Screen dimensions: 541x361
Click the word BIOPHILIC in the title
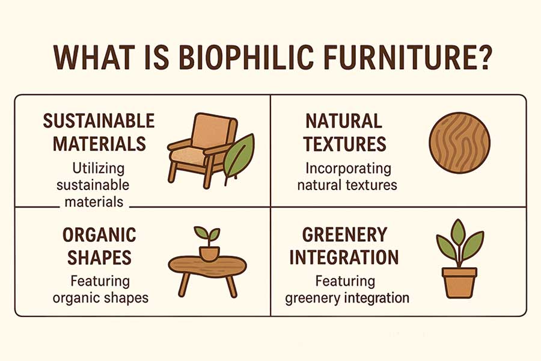[244, 57]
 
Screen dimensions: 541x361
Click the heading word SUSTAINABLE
[99, 121]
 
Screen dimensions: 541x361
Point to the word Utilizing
[99, 169]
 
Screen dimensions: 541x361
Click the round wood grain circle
[460, 143]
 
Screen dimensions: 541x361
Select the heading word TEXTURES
[344, 144]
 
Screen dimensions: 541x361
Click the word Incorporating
[349, 169]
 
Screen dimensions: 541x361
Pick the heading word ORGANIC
[99, 235]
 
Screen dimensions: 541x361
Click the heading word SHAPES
[99, 258]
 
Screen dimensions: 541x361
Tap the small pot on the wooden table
[209, 253]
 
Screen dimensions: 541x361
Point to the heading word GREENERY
[344, 235]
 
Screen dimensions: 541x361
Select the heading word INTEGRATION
[344, 258]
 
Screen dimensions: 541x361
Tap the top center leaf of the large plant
[458, 232]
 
